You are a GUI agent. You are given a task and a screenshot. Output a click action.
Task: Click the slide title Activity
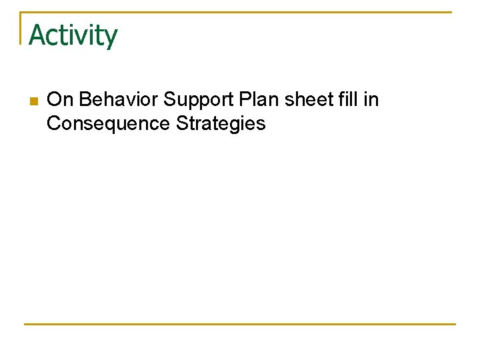pos(73,35)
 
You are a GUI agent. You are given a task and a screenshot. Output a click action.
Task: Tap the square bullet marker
pos(33,101)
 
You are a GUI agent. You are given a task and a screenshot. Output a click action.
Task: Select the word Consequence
pos(107,124)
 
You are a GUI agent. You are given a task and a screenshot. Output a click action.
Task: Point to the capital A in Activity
pos(37,35)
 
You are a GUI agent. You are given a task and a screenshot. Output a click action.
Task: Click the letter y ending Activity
pos(111,38)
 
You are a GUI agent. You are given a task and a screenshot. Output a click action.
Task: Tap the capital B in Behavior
pos(85,100)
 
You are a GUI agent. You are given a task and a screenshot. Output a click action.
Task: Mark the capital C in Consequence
pos(54,124)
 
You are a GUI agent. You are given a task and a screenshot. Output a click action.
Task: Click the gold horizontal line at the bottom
pos(240,324)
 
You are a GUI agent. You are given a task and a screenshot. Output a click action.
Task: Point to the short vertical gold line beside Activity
pos(21,28)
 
